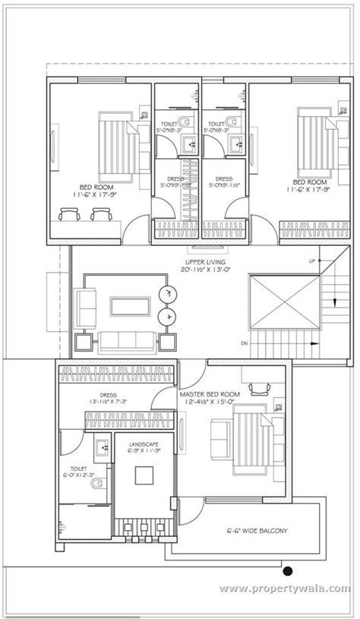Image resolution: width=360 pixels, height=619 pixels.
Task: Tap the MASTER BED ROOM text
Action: click(210, 395)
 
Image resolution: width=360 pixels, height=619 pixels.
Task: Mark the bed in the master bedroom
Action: click(250, 438)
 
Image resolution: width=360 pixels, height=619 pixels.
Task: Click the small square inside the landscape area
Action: click(144, 475)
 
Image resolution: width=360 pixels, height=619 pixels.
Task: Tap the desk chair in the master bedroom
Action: click(264, 389)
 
